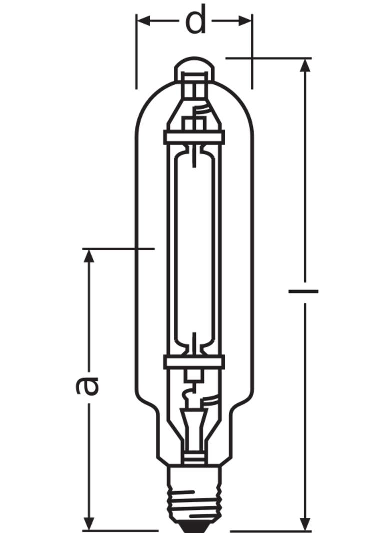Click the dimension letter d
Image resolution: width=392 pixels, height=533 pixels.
(195, 21)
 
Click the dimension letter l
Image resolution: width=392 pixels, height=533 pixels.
(303, 290)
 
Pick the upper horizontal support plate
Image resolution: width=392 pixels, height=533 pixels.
(194, 137)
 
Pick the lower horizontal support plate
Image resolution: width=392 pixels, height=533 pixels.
(194, 361)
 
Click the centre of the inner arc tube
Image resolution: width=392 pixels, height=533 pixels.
(194, 250)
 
